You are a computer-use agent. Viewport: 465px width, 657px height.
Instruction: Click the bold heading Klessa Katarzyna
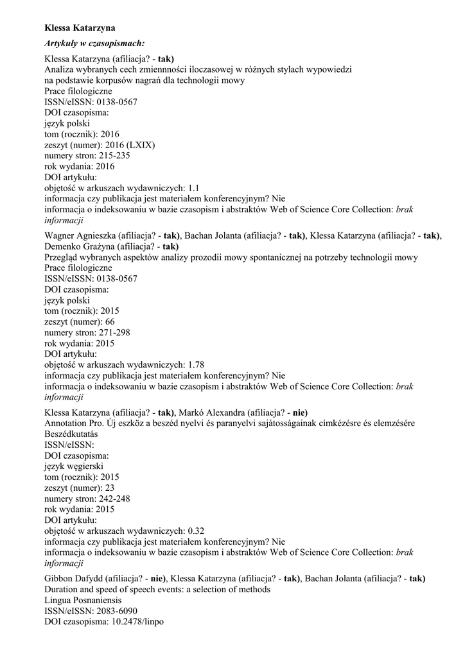80,28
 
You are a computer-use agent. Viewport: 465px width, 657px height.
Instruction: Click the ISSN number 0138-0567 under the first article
117,101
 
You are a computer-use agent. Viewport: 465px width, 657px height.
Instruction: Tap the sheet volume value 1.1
194,188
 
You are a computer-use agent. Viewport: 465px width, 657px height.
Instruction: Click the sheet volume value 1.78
196,364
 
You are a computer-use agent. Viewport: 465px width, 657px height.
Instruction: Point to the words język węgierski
74,466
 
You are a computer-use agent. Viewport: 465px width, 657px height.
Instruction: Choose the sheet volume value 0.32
196,531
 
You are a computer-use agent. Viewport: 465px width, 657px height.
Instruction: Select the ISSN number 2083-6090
117,611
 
